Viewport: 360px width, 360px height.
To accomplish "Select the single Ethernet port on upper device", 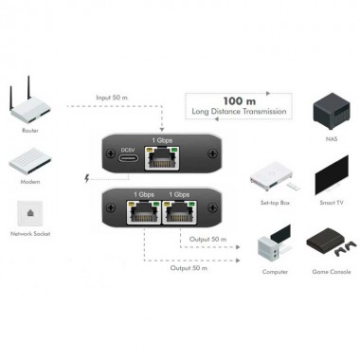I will point(165,157).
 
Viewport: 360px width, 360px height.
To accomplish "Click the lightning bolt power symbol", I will point(88,177).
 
